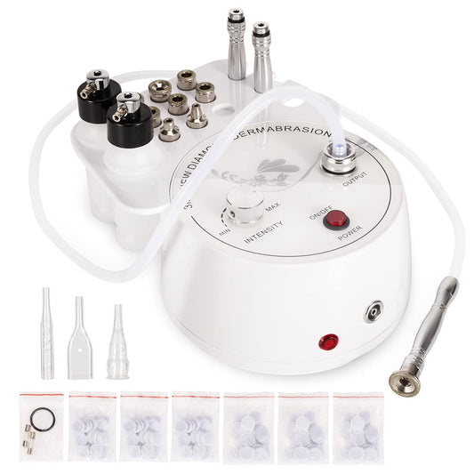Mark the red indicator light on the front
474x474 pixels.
(330, 340)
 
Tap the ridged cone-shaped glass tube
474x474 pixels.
(115, 343)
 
